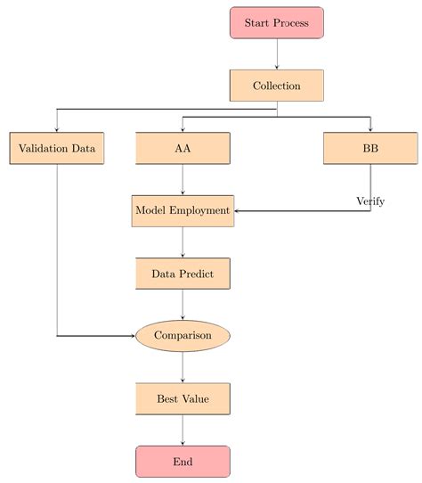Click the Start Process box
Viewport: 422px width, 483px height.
pos(276,23)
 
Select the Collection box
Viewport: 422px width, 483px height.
pos(276,86)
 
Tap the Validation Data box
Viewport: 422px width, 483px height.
pos(57,148)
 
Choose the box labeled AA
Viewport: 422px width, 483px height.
pos(183,148)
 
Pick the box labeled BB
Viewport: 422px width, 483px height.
pos(370,148)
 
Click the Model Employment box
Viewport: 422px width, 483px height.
pos(183,210)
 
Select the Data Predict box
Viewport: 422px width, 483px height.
pos(183,274)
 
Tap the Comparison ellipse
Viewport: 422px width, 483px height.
pos(183,336)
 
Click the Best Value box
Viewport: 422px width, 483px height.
pos(183,398)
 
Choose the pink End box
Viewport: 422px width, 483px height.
pos(183,462)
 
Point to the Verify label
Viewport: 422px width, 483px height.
pos(370,201)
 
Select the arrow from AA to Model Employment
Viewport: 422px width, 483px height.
pos(183,179)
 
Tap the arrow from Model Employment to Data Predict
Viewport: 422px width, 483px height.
pos(183,242)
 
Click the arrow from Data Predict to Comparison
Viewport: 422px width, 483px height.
pos(183,305)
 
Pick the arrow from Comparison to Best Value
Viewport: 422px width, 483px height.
pos(183,367)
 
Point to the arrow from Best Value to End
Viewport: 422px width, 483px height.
pos(183,430)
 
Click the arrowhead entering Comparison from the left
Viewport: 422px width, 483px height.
pos(133,336)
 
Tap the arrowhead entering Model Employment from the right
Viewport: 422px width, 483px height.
pos(238,211)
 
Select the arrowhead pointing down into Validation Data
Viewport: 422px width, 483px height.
pos(57,129)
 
